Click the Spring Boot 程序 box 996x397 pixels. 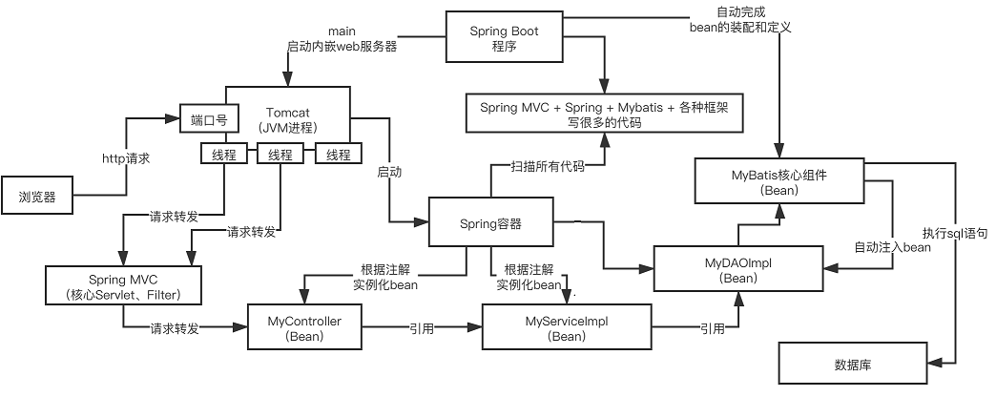(503, 38)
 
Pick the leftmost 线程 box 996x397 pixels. (223, 155)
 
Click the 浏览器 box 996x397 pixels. (37, 198)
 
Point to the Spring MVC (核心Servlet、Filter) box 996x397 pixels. (126, 285)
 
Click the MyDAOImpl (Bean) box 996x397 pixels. (738, 270)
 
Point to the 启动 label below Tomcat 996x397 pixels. (389, 173)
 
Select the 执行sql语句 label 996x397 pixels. (955, 233)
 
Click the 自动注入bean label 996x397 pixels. (892, 247)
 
